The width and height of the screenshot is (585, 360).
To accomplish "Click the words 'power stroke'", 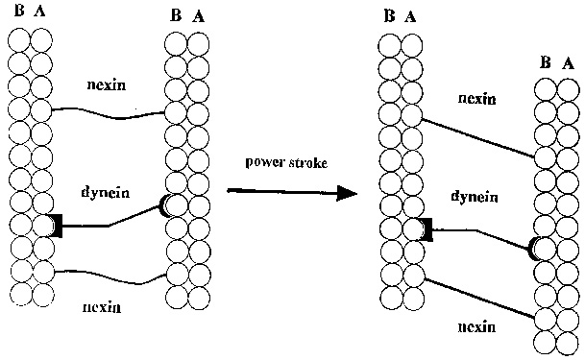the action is pos(286,162).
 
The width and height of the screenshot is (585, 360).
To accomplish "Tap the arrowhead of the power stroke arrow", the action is pos(346,193).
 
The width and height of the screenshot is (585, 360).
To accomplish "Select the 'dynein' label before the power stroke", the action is pos(106,193).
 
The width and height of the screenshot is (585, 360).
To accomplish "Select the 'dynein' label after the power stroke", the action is pos(475,196).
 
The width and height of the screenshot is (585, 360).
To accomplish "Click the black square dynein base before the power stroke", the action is pos(57,226).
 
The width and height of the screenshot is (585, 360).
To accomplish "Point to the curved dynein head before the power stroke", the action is pos(162,205).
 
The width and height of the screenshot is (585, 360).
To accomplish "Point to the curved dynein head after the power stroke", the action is pos(532,249).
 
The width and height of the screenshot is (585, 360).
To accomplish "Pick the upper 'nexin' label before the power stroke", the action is pos(107,85).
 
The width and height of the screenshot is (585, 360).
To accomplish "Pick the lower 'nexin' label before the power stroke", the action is pos(102,307).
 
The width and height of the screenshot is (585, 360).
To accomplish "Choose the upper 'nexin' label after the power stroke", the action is pos(476,99).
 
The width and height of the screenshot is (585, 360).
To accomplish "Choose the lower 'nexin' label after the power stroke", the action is pos(476,326).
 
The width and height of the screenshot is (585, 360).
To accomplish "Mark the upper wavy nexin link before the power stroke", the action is pos(109,114).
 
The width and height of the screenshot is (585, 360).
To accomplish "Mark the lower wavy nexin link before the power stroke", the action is pos(110,277).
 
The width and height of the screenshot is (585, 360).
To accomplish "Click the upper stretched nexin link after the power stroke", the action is pos(478,138).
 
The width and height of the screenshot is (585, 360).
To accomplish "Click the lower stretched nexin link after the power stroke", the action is pos(480,299).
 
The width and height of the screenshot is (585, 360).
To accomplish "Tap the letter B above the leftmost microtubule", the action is pos(19,11).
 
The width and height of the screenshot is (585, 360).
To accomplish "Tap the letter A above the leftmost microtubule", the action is pos(39,11).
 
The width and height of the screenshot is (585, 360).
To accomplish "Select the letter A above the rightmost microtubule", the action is pos(568,63).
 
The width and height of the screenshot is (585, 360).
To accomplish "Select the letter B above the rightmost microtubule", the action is pos(546,62).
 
